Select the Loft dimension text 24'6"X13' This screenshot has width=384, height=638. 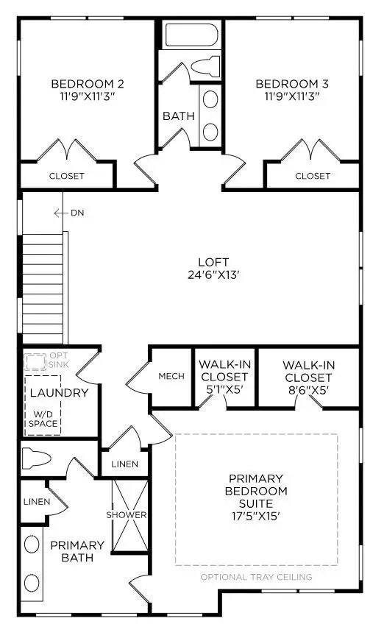pos(213,276)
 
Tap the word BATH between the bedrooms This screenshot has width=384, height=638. pos(177,116)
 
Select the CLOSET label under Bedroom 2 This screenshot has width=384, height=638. pos(67,176)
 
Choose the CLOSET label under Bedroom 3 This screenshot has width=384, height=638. pos(313,176)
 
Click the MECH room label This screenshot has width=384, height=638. pos(171,376)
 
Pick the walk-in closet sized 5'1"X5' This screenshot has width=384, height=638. pos(223,376)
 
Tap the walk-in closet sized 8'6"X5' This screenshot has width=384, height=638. pos(309,376)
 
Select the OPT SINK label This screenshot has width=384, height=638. pos(57,361)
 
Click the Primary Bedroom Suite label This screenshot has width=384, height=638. pos(257,491)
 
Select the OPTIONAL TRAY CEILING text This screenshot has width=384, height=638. pos(256,577)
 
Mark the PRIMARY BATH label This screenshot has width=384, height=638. pos(77,552)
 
